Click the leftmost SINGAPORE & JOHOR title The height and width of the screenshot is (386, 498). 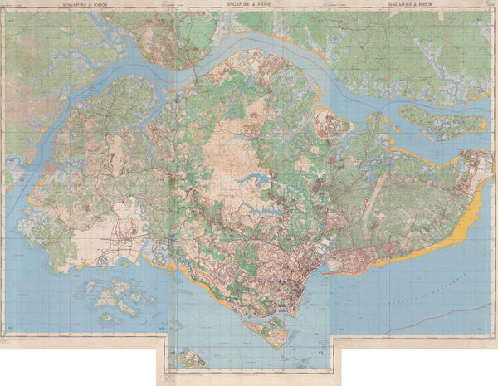coord(85,5)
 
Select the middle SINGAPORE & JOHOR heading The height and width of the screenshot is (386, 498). coord(251,5)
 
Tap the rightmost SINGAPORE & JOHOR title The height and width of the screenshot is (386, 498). coord(413,5)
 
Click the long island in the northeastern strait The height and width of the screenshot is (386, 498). coord(440,120)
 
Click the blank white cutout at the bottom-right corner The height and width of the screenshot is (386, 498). coord(419,365)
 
